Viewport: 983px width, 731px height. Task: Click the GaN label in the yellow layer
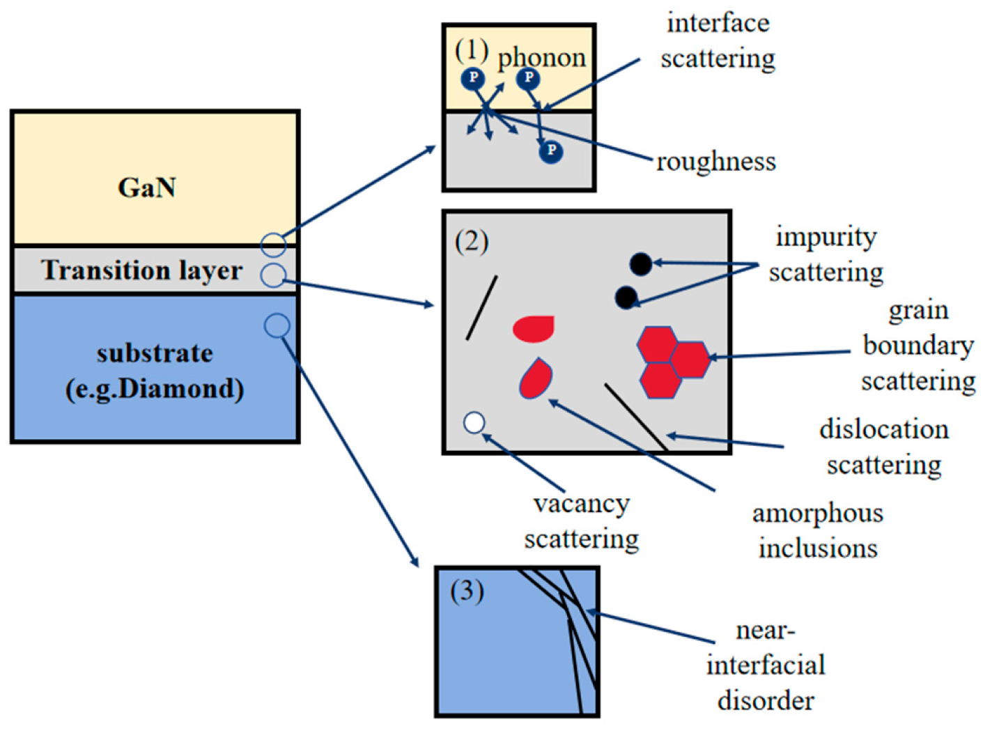tap(146, 187)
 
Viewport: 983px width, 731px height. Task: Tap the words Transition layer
tap(141, 270)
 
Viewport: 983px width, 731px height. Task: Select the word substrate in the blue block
tap(155, 353)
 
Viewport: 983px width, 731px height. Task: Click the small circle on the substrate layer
tap(277, 325)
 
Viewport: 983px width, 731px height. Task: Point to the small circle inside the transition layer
tap(272, 275)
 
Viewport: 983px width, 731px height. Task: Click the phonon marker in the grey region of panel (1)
tap(551, 151)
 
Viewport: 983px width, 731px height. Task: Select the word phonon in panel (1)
tap(541, 57)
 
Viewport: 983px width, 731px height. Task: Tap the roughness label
tap(715, 162)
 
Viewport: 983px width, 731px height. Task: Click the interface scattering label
tap(718, 40)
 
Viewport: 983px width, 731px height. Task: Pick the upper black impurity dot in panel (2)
tap(641, 264)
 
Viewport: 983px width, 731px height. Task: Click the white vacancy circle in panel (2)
tap(474, 422)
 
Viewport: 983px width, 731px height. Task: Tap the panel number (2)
tap(472, 242)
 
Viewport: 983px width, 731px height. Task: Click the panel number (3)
tap(467, 591)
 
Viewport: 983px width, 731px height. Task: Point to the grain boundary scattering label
tap(918, 346)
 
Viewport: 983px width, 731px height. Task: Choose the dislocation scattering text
tap(883, 447)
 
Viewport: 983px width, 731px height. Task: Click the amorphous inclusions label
tap(817, 530)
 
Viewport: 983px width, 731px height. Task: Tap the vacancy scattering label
tap(581, 521)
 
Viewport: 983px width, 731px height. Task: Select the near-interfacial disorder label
tap(765, 665)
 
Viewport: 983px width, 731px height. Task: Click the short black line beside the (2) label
tap(481, 308)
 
